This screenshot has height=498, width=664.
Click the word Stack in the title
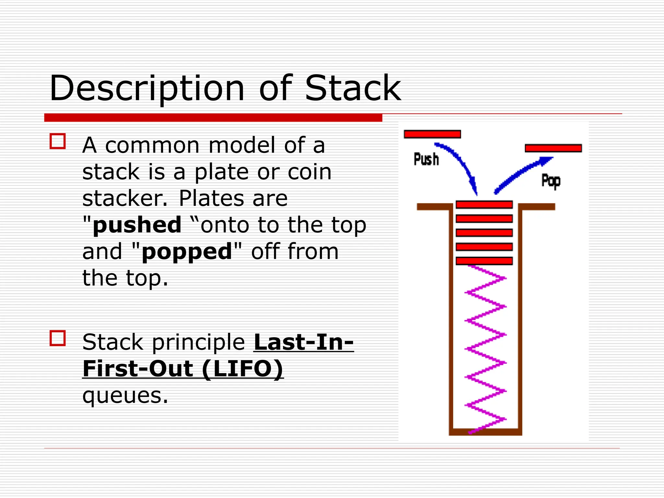(x=353, y=88)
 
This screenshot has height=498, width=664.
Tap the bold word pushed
(x=137, y=225)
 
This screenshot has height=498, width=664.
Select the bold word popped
(x=187, y=252)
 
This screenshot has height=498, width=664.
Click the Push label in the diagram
(x=426, y=160)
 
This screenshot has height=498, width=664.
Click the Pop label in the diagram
(x=551, y=181)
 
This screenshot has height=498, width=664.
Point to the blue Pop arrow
(x=522, y=172)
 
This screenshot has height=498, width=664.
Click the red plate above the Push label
(x=432, y=134)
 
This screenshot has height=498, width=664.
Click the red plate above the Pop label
(x=553, y=148)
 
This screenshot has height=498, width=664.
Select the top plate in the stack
(x=484, y=205)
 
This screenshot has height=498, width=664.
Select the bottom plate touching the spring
(x=484, y=261)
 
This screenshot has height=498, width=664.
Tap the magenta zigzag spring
(x=485, y=349)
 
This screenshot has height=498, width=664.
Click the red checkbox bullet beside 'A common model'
(x=58, y=141)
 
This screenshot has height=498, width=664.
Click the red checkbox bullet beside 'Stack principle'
(x=58, y=338)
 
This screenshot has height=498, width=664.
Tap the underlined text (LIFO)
(x=243, y=369)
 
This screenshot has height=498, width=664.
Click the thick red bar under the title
(x=213, y=118)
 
